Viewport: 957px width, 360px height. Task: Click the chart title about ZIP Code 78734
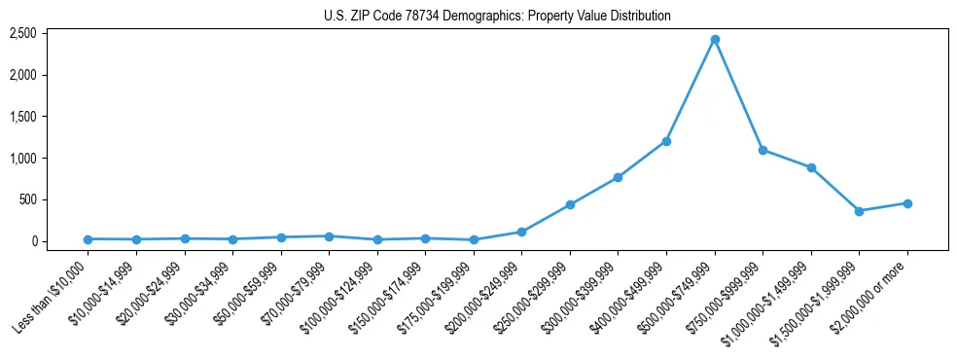(497, 17)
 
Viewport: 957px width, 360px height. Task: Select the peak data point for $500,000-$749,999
(715, 39)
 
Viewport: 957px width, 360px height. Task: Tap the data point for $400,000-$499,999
(666, 141)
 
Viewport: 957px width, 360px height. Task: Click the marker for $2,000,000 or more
(907, 203)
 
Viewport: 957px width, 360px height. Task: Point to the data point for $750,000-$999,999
(762, 150)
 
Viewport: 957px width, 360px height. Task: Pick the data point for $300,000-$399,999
(619, 177)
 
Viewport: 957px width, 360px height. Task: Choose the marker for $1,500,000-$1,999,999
(859, 211)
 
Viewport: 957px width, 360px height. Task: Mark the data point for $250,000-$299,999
(570, 204)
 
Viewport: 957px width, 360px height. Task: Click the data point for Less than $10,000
(89, 239)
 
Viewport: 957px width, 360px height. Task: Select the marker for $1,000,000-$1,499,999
(811, 167)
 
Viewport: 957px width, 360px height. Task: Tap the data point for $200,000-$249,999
(522, 232)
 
